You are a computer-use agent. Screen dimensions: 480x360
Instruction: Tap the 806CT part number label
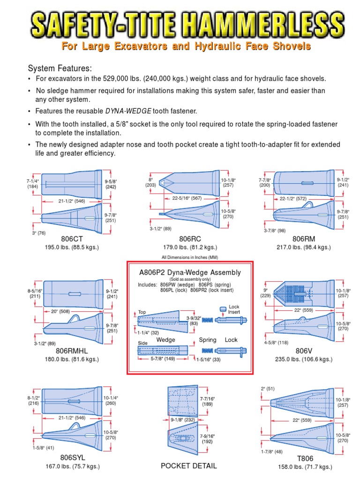(71, 239)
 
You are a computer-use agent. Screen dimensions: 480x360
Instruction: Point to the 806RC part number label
(188, 239)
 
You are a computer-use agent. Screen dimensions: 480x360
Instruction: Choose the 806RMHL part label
(72, 351)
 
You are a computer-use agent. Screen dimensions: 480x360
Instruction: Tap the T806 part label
(304, 458)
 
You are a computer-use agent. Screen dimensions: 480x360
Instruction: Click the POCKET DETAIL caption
(188, 465)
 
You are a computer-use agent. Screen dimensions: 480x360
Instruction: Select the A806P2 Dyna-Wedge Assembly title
(190, 272)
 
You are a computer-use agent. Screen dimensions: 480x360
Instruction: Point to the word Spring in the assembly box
(208, 340)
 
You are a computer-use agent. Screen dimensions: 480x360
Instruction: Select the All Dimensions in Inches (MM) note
(190, 257)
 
